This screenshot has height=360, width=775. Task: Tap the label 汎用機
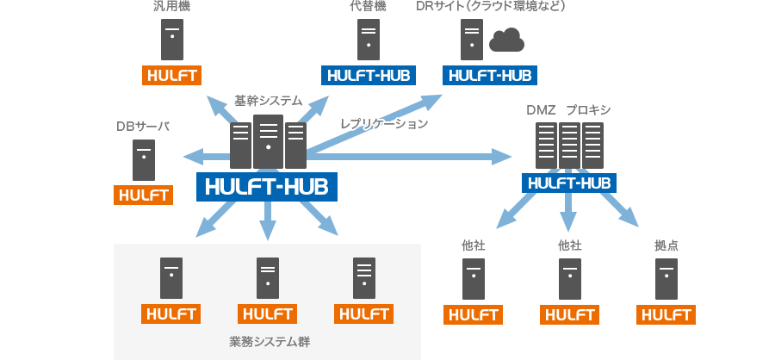coord(171,6)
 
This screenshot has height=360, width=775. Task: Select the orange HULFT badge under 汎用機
coord(172,75)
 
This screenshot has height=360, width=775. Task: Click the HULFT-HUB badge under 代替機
coord(369,75)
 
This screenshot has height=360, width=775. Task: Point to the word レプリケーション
coord(384,124)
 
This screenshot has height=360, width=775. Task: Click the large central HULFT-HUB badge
coord(267,187)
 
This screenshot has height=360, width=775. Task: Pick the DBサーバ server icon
coord(144,159)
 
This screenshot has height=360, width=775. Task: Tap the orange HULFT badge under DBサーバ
coord(143,195)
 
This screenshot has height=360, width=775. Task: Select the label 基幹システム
coord(268,101)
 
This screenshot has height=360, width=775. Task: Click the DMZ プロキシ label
coord(569,109)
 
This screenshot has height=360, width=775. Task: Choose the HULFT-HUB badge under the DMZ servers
coord(569,183)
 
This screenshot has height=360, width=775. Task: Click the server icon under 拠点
coord(666,279)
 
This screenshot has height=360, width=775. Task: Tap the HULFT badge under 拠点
coord(666,315)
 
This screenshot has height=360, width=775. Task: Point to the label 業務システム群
coord(270,342)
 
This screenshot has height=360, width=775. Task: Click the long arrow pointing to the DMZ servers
coord(409,157)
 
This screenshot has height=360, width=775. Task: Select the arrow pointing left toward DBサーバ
coord(207,158)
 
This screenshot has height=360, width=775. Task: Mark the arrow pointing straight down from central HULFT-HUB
coord(268,221)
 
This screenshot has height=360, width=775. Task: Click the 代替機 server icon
coord(369,40)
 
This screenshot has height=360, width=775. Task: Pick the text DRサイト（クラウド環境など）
coord(490,6)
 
